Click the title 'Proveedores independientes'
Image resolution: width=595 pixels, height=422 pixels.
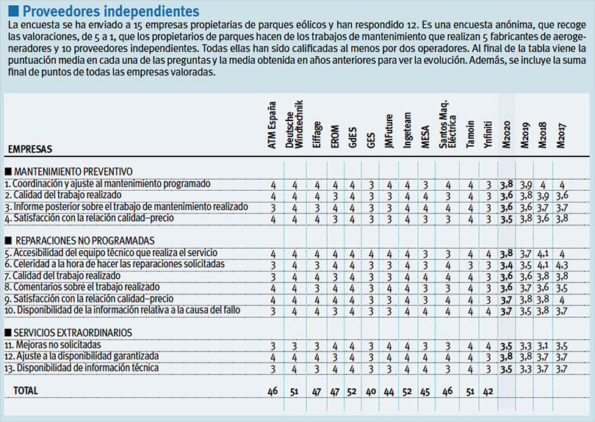[110, 11]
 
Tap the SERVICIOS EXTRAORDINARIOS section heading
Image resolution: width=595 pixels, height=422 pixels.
[73, 332]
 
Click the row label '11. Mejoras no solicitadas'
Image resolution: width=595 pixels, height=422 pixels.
[51, 344]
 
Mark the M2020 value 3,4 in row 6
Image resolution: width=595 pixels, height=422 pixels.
[506, 263]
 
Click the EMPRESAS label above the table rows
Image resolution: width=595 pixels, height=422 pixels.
[29, 149]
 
